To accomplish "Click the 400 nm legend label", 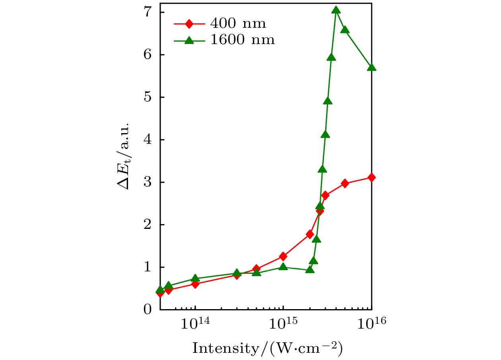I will pyautogui.click(x=238, y=24).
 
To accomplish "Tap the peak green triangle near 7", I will pyautogui.click(x=336, y=10).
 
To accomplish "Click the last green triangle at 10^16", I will pyautogui.click(x=372, y=68).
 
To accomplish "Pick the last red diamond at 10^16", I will pyautogui.click(x=372, y=177).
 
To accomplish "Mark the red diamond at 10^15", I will pyautogui.click(x=283, y=256).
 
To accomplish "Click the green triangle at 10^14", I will pyautogui.click(x=195, y=278).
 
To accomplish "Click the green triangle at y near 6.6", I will pyautogui.click(x=345, y=30).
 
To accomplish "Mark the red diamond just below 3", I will pyautogui.click(x=345, y=183).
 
